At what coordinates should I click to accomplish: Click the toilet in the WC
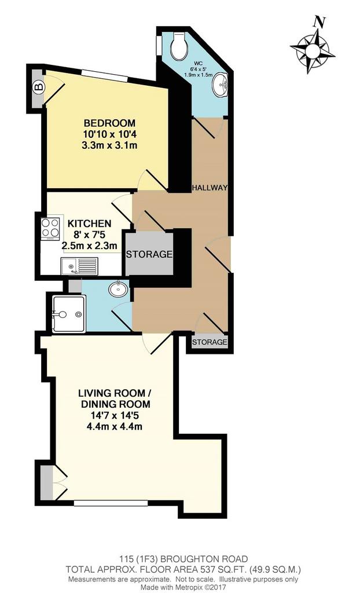coord(178,46)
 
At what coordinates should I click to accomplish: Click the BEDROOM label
coord(109,123)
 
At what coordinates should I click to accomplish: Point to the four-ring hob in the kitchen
coord(50,228)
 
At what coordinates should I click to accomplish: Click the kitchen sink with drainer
coord(79,266)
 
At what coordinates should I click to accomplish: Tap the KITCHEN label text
coord(89,224)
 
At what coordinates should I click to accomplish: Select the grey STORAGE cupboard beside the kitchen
coord(149,254)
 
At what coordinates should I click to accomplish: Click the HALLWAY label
coord(210,188)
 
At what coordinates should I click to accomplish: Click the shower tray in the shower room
coord(68,314)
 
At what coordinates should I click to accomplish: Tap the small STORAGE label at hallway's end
coord(210,342)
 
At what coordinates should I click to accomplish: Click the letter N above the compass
coord(319,23)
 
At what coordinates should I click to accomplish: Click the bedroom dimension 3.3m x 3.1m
coord(109,145)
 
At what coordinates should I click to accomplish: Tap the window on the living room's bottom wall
coord(111,503)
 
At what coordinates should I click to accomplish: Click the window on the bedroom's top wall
coord(104,76)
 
